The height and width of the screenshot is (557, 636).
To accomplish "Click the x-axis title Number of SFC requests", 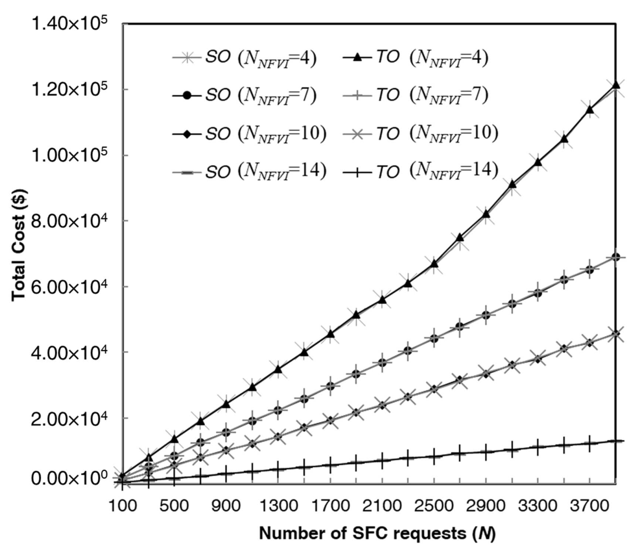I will coord(377,533).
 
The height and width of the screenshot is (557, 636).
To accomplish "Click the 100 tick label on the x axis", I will coord(123,506).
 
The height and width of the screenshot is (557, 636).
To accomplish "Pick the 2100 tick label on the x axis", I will coord(383,506).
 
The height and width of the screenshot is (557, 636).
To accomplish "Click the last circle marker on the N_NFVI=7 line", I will coord(615,257).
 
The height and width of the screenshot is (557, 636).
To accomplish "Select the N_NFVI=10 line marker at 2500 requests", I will coord(434,389).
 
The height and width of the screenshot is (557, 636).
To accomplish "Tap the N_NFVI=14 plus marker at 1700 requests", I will coord(330,465).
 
